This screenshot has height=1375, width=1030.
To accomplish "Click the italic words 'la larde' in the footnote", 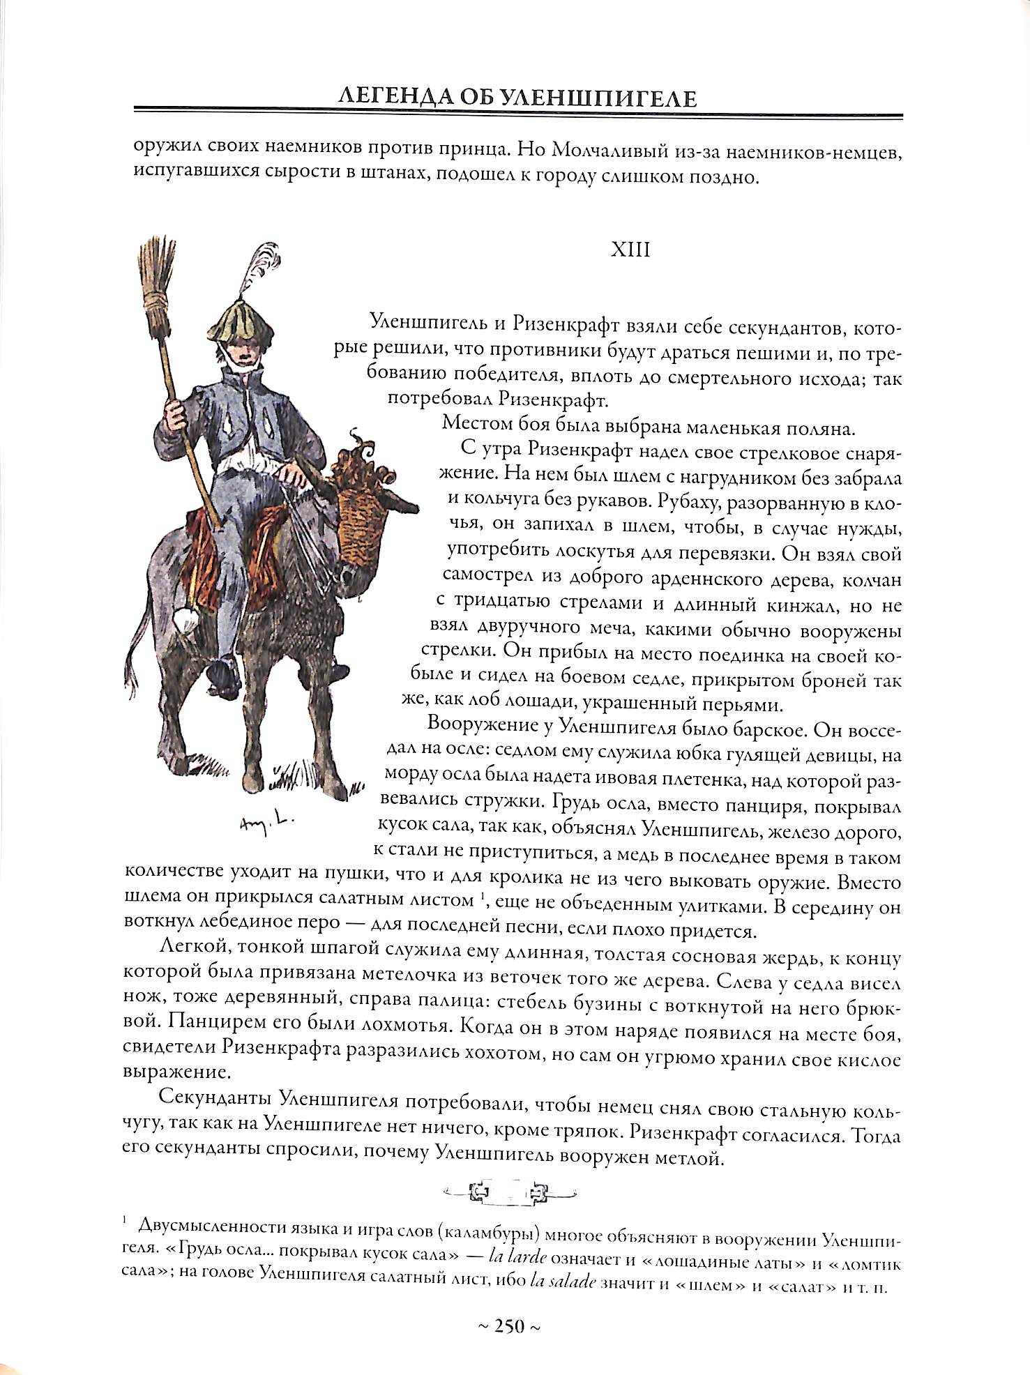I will tap(518, 1257).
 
